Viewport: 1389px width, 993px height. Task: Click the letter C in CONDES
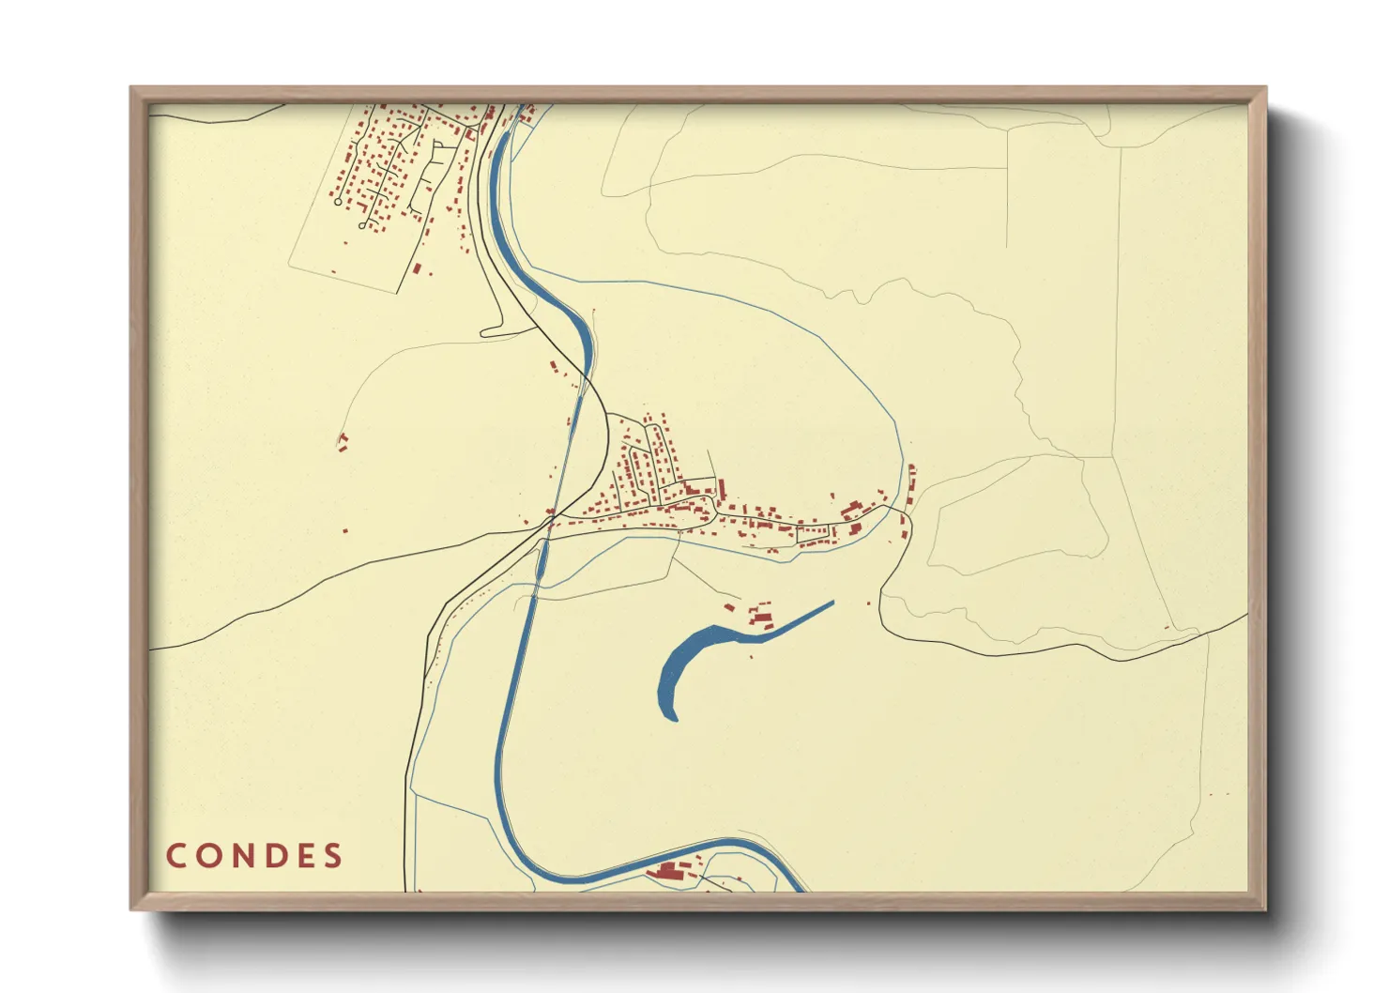click(x=176, y=856)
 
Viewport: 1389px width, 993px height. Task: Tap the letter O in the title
click(x=207, y=856)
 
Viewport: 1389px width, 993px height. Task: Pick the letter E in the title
click(x=303, y=856)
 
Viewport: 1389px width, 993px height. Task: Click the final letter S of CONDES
click(x=333, y=856)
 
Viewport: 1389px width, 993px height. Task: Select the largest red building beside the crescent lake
click(x=762, y=618)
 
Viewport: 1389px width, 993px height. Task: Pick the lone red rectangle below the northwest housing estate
click(x=417, y=268)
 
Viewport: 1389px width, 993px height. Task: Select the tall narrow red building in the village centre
click(x=722, y=489)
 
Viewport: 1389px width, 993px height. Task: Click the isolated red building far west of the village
click(x=343, y=441)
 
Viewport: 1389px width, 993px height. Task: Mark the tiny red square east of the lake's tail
click(x=868, y=603)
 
